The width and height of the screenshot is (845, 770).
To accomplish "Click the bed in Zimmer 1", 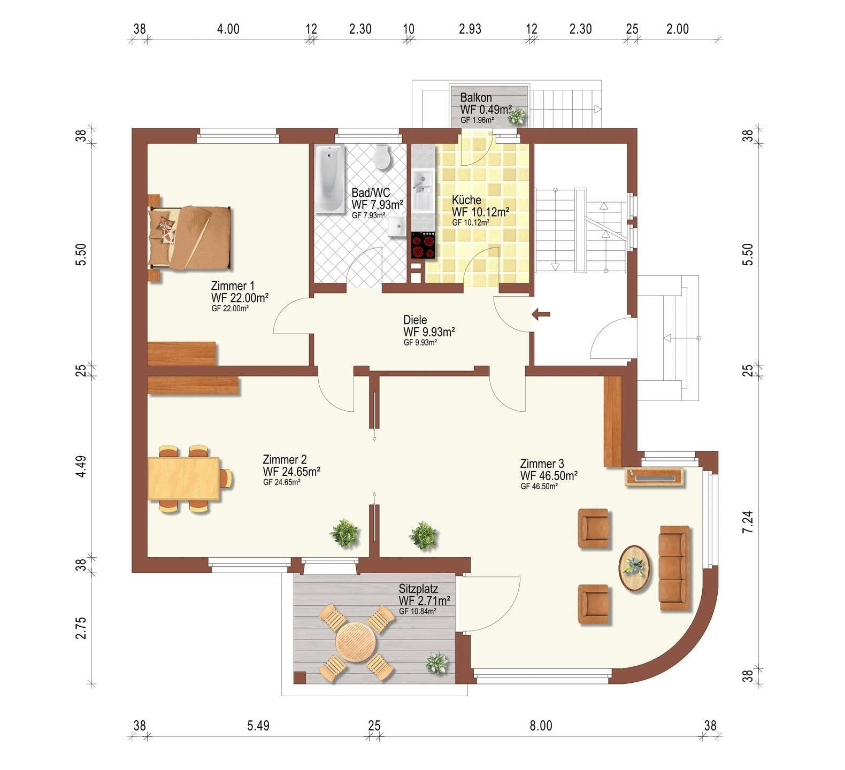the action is coord(190,237).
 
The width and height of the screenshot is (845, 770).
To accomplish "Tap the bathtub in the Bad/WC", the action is coord(329,179).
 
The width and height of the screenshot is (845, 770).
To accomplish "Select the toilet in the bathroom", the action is coord(382,156).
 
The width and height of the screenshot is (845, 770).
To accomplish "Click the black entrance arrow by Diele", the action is coord(541,314).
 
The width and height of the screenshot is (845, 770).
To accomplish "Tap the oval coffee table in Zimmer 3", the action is coord(635,568).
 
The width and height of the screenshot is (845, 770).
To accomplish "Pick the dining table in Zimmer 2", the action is coord(184,479).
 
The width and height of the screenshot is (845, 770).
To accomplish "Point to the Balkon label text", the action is coord(476,98).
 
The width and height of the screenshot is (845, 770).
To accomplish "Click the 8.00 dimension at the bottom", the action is coord(541,726).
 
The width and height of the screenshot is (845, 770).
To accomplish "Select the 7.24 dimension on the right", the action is coord(748,522).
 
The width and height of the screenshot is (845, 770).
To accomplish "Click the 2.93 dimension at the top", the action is coord(470,29).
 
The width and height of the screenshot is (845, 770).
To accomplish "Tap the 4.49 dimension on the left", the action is coord(80,466).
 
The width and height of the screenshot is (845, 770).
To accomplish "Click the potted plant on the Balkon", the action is coord(516,115).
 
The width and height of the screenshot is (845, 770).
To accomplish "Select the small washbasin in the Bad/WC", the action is coord(396,226).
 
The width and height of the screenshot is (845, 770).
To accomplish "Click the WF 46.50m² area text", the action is coord(549,476).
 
